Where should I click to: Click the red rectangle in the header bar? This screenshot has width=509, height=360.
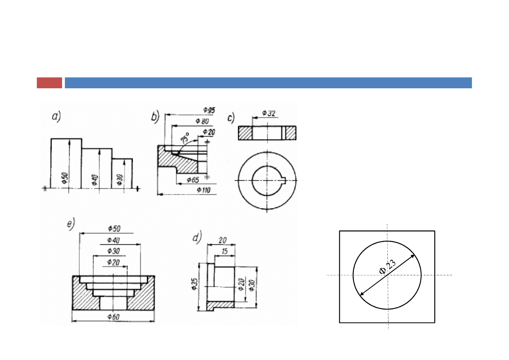pyautogui.click(x=49, y=83)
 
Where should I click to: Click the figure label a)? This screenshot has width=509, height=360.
pyautogui.click(x=56, y=117)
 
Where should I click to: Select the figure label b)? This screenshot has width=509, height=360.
pyautogui.click(x=156, y=117)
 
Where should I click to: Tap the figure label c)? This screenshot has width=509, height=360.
pyautogui.click(x=231, y=118)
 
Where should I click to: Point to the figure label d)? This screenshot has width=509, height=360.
pyautogui.click(x=197, y=237)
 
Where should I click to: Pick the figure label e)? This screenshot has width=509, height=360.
pyautogui.click(x=71, y=224)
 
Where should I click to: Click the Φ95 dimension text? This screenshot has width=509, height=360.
pyautogui.click(x=209, y=110)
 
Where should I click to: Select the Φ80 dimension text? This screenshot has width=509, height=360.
pyautogui.click(x=202, y=121)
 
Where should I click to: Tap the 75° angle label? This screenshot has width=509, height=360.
pyautogui.click(x=185, y=138)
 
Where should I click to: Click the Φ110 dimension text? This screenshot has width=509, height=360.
pyautogui.click(x=204, y=190)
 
